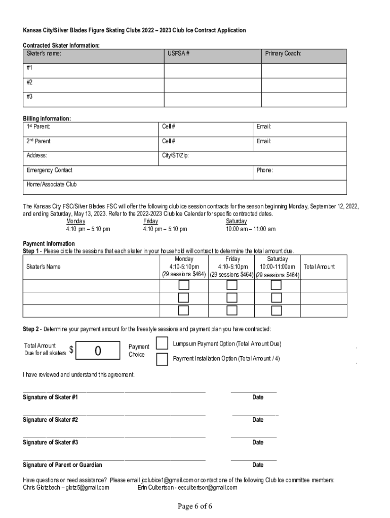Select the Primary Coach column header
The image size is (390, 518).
point(283,53)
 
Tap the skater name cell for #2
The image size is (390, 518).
point(93,81)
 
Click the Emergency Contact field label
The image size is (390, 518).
point(50,170)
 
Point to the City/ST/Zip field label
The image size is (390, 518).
point(175,156)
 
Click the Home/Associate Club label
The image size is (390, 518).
point(52,185)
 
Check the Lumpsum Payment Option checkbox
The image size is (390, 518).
point(162,343)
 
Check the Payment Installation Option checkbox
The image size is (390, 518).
point(162,359)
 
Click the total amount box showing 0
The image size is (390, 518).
point(98,350)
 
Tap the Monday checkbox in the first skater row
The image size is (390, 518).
point(183,285)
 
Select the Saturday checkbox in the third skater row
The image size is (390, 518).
point(276,310)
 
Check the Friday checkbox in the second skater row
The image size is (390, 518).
point(231,298)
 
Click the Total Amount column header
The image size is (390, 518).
point(319,267)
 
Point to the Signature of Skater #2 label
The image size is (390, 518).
point(50,420)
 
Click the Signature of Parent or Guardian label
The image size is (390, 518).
point(62,465)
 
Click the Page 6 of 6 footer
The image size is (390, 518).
point(194,506)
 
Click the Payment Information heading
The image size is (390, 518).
point(49,243)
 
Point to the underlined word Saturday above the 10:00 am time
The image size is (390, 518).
point(236,221)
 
